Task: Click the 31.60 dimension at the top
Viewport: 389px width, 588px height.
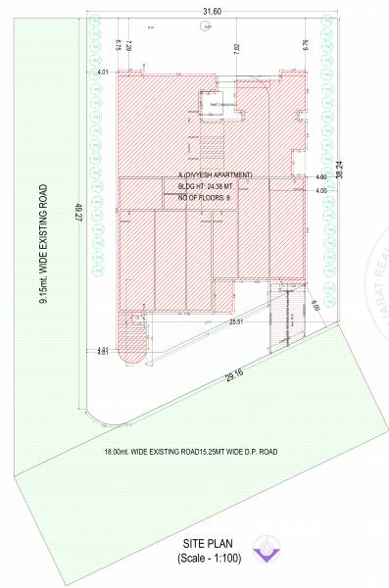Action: pyautogui.click(x=211, y=11)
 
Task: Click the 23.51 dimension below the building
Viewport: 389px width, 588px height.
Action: pyautogui.click(x=236, y=321)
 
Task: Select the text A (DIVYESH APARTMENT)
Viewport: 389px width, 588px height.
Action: pyautogui.click(x=216, y=174)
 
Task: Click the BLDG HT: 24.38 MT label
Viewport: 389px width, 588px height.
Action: pyautogui.click(x=210, y=186)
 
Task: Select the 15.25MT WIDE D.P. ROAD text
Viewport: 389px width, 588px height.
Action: pyautogui.click(x=243, y=452)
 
